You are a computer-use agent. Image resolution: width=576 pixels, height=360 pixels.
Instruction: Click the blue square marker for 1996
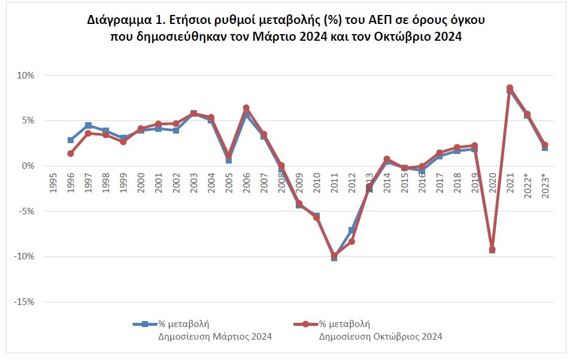[71, 140]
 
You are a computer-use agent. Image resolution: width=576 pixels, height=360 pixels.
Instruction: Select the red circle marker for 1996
[71, 153]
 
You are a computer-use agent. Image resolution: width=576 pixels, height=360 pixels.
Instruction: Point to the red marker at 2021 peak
[510, 88]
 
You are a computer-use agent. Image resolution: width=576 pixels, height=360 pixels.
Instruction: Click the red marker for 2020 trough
[492, 249]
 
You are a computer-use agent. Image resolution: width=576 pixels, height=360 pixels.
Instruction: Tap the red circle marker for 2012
[351, 241]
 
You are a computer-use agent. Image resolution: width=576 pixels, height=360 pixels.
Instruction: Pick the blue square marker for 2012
[351, 230]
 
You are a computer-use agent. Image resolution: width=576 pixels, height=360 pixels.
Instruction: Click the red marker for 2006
[246, 108]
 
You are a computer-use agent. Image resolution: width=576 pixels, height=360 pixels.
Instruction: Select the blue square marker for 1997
[88, 125]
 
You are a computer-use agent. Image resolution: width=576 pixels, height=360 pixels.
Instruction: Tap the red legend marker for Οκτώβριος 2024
[306, 324]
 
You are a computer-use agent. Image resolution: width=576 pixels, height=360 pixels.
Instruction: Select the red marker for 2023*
[544, 145]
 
